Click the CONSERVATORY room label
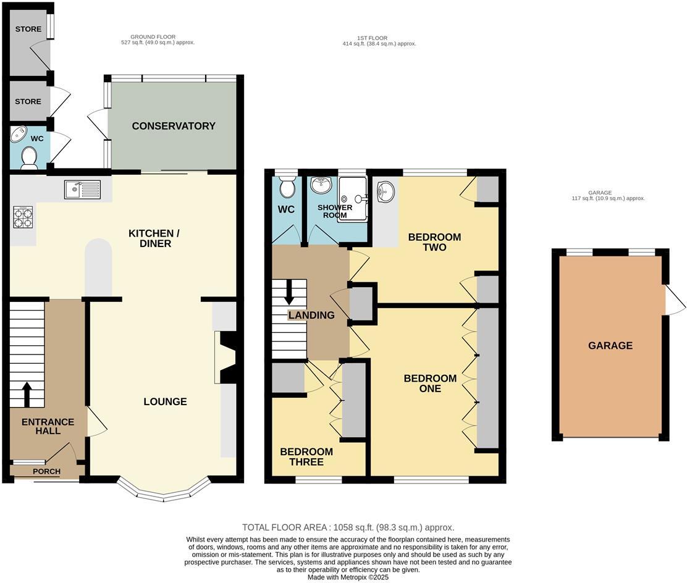[x=174, y=126]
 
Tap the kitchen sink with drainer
[x=82, y=190]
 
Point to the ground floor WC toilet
[x=30, y=158]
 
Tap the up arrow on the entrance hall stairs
[x=27, y=395]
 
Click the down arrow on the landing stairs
[x=289, y=292]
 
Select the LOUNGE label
[x=165, y=401]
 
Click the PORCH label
[x=46, y=471]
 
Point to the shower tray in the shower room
[x=352, y=199]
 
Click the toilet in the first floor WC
[x=287, y=187]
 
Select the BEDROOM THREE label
[x=306, y=457]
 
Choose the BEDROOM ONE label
[x=430, y=384]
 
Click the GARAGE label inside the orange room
[x=610, y=346]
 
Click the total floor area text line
[x=348, y=527]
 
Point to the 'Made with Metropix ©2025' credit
[x=348, y=577]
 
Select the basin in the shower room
[x=321, y=185]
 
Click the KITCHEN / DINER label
[x=154, y=239]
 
